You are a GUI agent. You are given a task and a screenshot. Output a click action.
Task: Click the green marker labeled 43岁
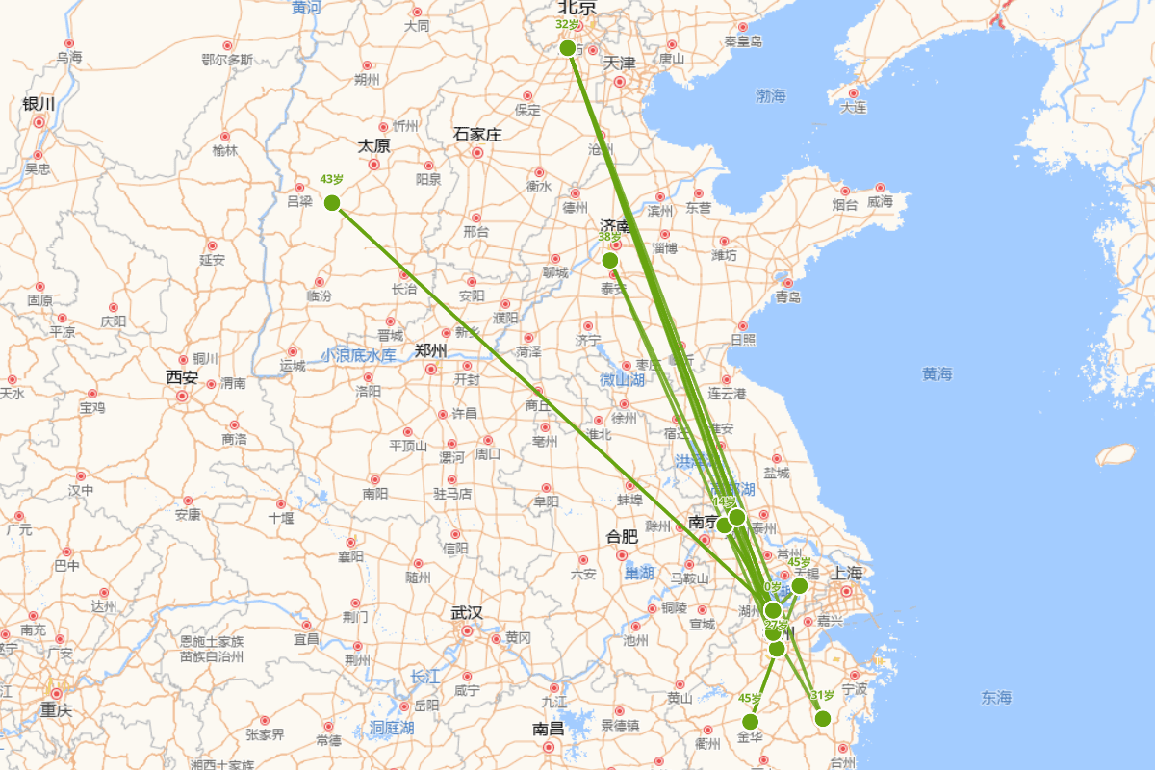pos(332,202)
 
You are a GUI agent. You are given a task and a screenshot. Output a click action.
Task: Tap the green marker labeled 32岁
pos(568,48)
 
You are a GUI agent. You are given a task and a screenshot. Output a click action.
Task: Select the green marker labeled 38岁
pos(610,260)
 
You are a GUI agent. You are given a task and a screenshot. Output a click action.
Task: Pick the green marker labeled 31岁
pos(823,718)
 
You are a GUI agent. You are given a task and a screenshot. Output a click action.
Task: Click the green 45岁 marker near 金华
pos(751,722)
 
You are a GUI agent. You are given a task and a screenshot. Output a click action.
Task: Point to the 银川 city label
pos(38,104)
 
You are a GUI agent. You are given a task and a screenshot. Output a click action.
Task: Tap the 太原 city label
pos(373,146)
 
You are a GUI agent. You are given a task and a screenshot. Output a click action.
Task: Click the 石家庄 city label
pos(477,135)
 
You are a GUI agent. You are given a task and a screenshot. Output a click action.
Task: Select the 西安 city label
pos(181,378)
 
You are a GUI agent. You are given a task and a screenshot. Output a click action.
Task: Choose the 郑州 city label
pos(431,350)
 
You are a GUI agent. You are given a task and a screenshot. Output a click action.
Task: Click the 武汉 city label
pos(467,613)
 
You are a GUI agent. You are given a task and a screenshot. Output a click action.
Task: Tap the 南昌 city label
pos(548,730)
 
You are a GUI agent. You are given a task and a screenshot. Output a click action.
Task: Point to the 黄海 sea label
pos(937,374)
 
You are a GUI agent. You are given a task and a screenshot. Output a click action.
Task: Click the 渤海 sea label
pos(771,96)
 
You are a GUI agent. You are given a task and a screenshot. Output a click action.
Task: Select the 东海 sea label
pos(996,698)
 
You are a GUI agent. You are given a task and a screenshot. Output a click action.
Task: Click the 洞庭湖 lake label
pos(392,728)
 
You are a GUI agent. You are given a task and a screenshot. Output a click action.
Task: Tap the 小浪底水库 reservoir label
pos(358,355)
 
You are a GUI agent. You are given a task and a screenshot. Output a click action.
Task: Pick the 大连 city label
pos(853,108)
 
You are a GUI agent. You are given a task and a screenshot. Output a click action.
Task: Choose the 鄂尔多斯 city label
pos(227,60)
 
